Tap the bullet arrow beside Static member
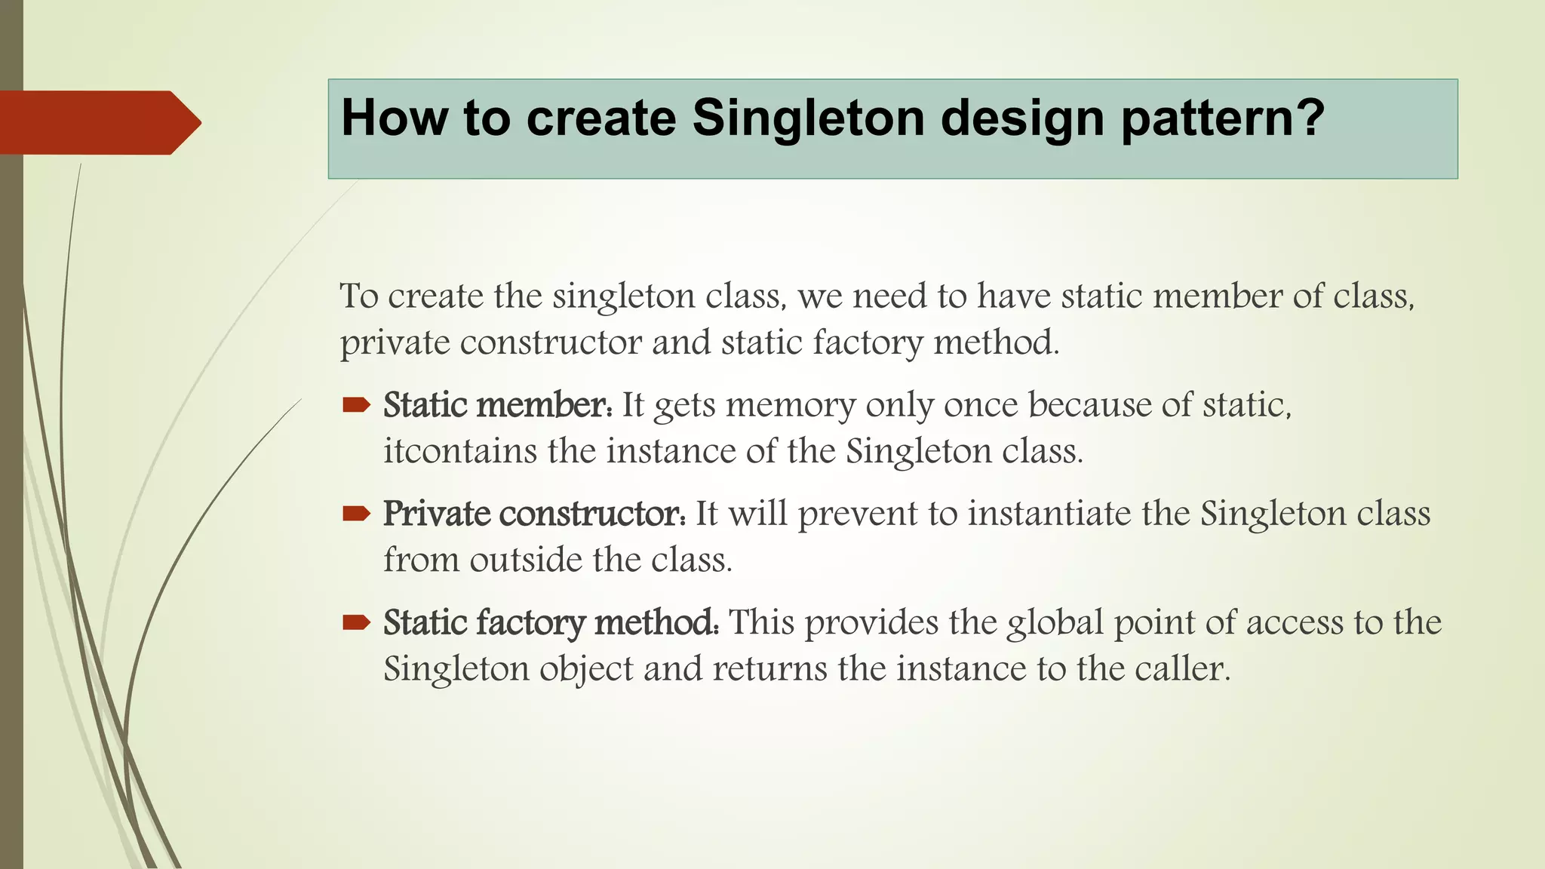(x=356, y=406)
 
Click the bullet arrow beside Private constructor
(x=356, y=514)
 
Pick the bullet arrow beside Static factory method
(x=356, y=623)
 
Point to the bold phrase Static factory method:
(x=551, y=623)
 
